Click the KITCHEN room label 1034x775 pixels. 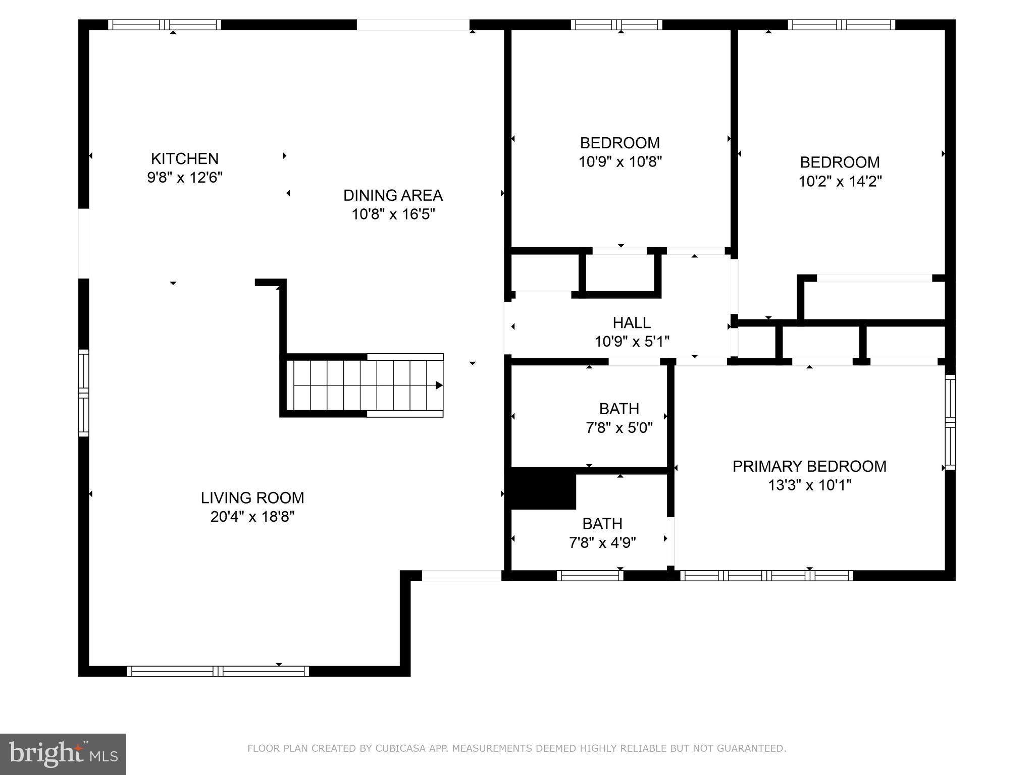184,158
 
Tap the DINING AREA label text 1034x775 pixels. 393,195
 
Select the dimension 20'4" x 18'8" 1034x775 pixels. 252,517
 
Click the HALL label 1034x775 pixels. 631,322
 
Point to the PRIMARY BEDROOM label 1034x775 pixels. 809,466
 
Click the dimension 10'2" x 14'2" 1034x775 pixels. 840,181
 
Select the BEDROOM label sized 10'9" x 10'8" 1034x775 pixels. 619,143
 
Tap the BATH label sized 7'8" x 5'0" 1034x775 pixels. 619,408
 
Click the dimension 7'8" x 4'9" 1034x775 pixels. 602,543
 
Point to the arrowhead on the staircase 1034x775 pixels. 439,385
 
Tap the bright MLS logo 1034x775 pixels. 63,754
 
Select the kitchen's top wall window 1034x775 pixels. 165,25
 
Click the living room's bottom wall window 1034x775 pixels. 218,671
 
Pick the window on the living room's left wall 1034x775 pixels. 83,393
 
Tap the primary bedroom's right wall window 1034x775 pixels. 950,422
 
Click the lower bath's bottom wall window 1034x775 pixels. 590,576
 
